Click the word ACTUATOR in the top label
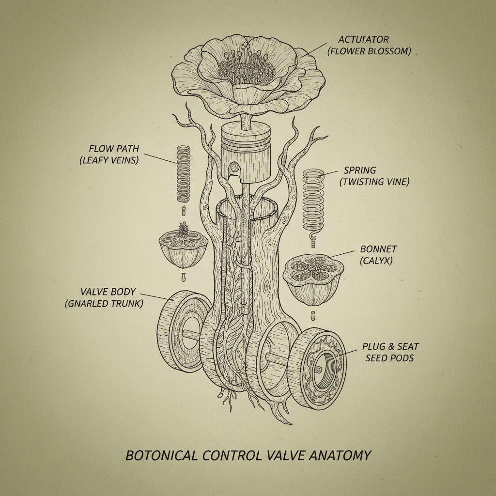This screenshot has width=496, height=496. click(x=356, y=39)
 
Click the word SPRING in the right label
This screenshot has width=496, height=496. click(x=360, y=170)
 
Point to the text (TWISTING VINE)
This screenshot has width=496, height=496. click(x=374, y=182)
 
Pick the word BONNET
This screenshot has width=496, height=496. click(x=378, y=249)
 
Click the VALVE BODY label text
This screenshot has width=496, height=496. click(x=108, y=292)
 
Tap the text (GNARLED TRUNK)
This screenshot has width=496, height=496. click(x=104, y=304)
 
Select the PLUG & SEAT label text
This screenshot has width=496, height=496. click(x=390, y=346)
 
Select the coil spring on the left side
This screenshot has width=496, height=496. click(x=184, y=174)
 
